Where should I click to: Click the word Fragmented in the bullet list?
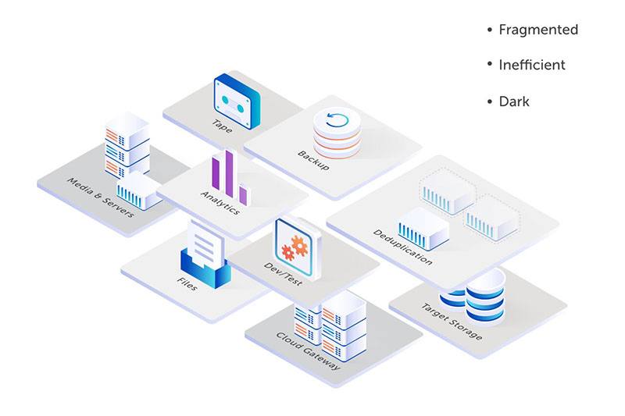538,30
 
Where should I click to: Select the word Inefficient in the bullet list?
532,66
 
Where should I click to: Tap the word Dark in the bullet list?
514,101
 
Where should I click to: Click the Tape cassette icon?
237,99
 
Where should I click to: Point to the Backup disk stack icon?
337,133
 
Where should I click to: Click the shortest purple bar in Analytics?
243,194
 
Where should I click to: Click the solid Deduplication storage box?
423,229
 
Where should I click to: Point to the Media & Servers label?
101,197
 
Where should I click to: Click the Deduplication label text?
402,247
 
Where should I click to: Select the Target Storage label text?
452,321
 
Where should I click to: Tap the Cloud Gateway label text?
308,349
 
